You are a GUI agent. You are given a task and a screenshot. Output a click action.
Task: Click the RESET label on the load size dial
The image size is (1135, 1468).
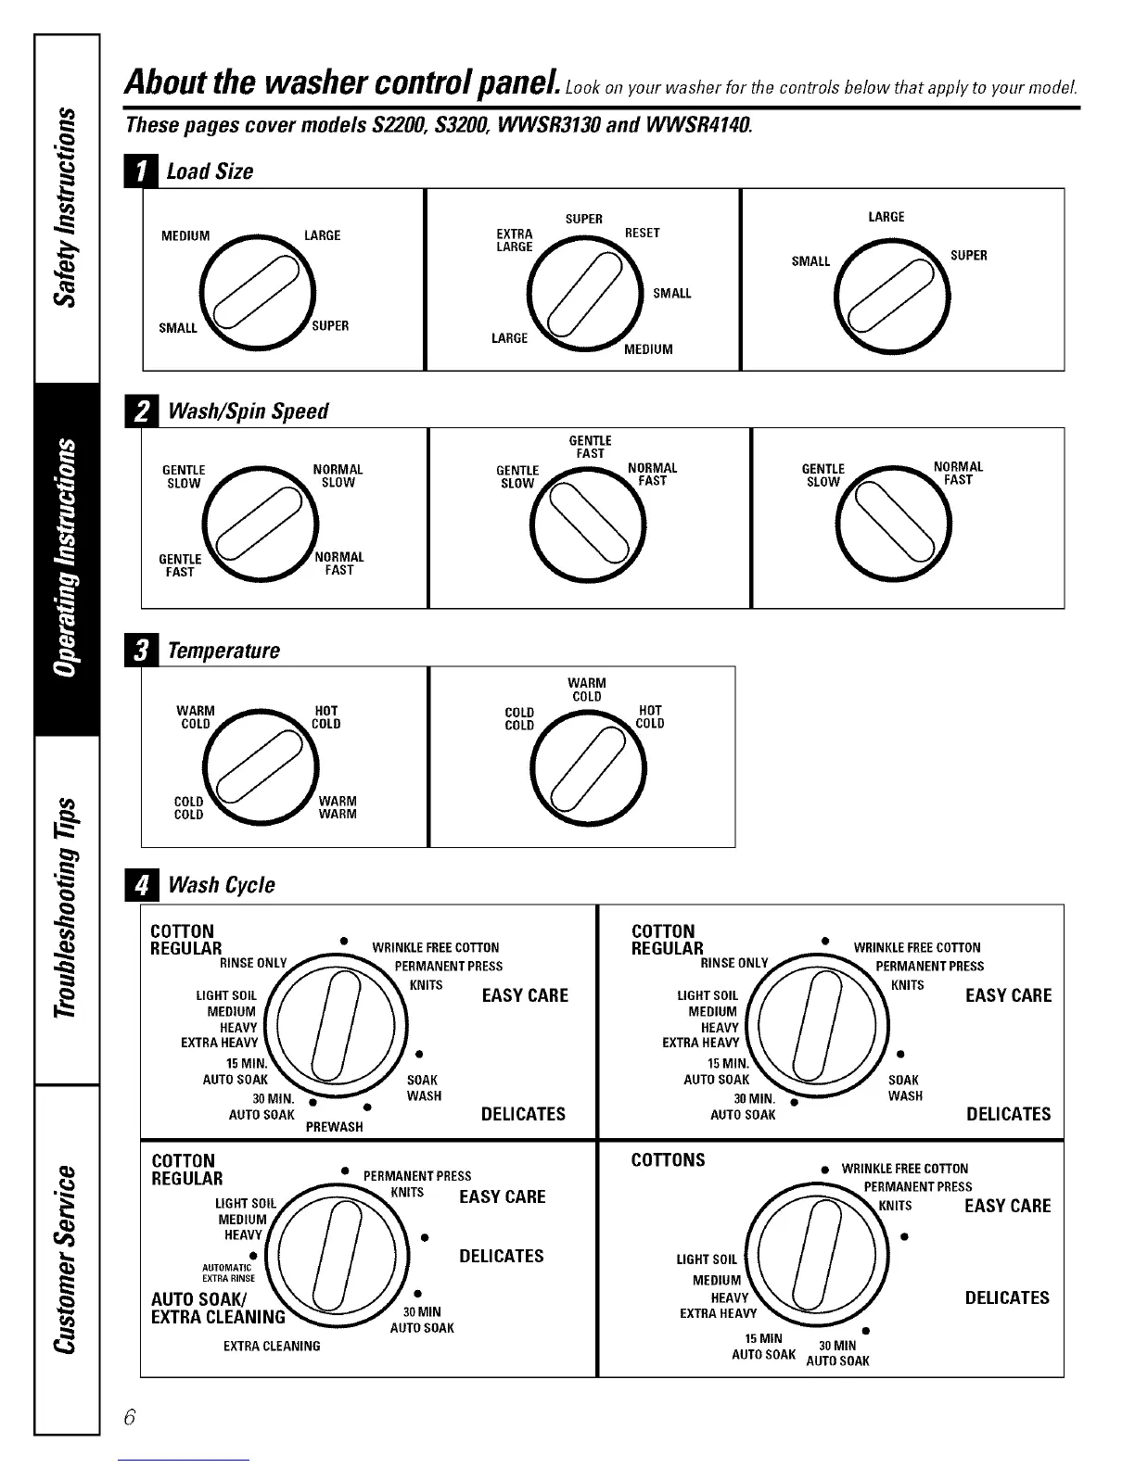pos(642,233)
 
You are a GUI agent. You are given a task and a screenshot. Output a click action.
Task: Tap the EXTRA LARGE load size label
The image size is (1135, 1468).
pos(515,240)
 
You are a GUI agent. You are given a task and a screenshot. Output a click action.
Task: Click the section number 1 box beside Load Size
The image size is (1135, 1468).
pos(141,171)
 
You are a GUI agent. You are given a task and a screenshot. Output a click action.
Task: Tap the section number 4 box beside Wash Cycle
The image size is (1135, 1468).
pos(141,885)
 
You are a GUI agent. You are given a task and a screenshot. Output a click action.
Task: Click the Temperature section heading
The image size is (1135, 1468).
pos(223,651)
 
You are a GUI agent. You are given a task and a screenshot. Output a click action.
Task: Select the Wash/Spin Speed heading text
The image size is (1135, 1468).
pos(248,411)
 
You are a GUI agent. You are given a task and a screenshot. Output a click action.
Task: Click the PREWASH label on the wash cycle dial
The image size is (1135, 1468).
pos(334,1127)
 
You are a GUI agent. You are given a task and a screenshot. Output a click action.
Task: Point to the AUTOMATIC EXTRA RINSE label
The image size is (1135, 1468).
pos(228,1272)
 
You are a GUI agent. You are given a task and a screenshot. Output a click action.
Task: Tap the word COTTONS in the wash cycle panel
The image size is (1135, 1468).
pos(668,1160)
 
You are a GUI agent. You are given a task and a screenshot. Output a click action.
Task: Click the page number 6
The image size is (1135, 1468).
pos(129,1417)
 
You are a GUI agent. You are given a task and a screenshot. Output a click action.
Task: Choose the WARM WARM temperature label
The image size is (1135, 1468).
pos(338,807)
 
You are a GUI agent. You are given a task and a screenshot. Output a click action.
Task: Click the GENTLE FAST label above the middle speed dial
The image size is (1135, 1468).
pos(590,447)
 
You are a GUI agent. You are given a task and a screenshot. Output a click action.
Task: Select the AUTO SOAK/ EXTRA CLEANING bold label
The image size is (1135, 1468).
pos(218,1308)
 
